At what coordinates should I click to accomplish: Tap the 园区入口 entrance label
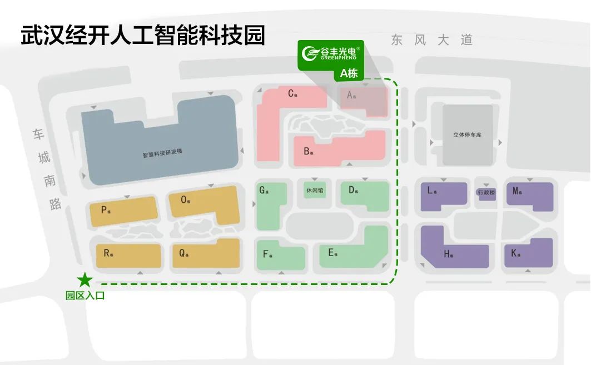click(85, 296)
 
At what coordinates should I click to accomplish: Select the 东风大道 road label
click(431, 40)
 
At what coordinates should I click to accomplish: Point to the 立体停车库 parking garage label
click(467, 135)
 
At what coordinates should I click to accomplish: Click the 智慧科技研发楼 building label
click(162, 155)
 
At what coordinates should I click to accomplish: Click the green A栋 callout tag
click(349, 73)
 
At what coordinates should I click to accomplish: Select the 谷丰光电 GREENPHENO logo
click(331, 53)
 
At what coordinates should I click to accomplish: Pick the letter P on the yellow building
click(104, 210)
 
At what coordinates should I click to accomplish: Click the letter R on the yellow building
click(107, 253)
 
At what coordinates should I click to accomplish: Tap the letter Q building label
click(182, 253)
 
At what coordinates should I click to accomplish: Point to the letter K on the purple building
click(514, 253)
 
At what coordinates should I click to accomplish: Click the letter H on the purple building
click(447, 254)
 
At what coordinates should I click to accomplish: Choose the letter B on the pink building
click(306, 151)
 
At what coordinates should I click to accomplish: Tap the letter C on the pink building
click(291, 93)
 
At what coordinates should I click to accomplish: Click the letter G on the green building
click(262, 190)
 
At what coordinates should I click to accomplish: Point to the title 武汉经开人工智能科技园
click(143, 36)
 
